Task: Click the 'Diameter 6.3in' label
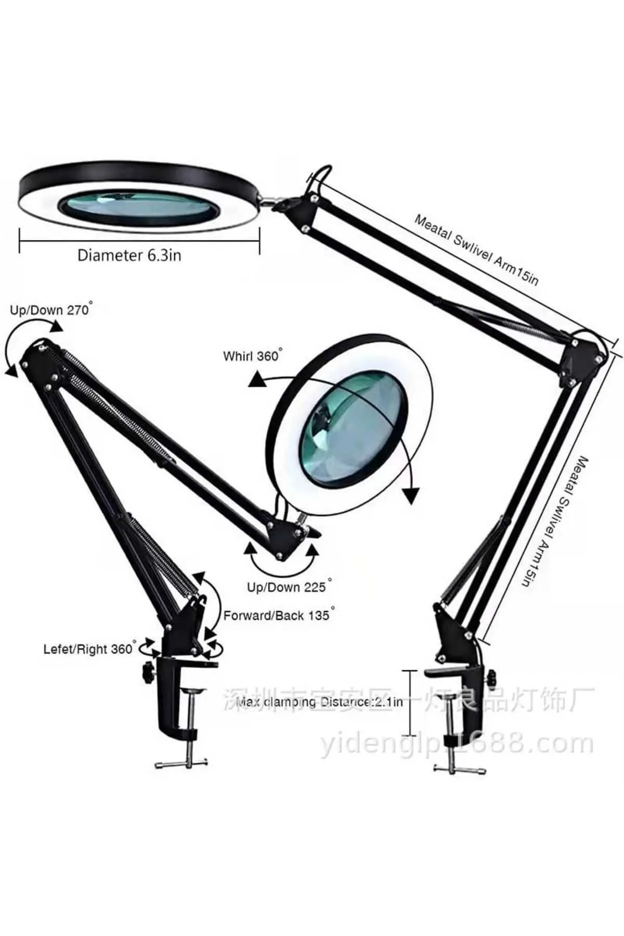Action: tap(129, 255)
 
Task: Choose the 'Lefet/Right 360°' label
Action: tap(89, 649)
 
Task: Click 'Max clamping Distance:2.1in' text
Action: tap(319, 703)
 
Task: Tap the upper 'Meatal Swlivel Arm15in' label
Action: tap(476, 250)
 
